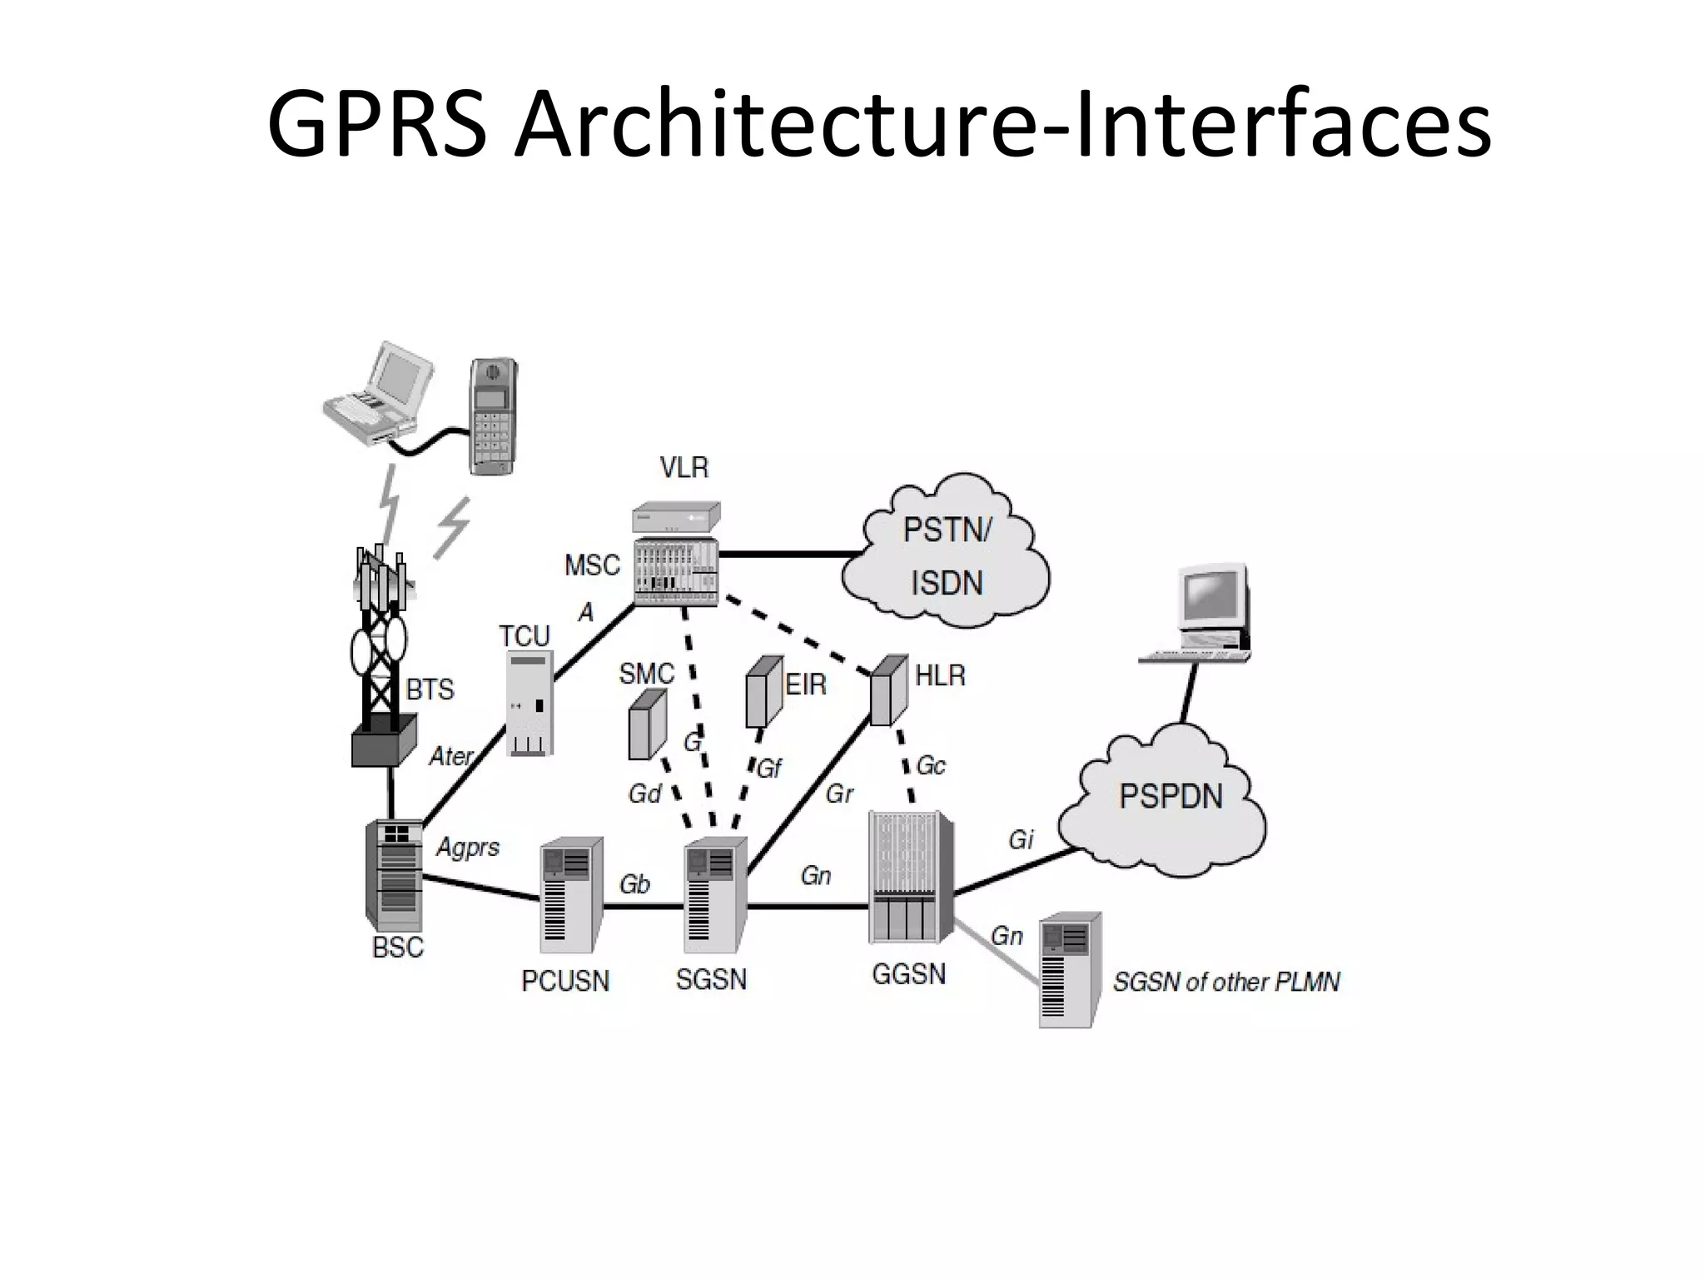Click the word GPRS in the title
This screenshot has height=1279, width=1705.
coord(376,125)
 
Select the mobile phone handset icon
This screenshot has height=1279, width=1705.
coord(493,416)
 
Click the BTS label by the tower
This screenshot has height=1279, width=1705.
coord(430,689)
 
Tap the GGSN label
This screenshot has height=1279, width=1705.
coord(908,973)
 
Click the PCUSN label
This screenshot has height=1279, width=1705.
coord(565,981)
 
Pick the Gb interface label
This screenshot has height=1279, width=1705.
coord(634,884)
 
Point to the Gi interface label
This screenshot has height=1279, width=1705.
coord(1021,840)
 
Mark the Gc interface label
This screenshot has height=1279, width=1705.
coord(931,765)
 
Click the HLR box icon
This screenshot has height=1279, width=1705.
coord(888,689)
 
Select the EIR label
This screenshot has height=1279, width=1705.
coord(806,685)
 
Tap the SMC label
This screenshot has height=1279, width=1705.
coord(646,674)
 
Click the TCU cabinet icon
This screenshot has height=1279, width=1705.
coord(529,704)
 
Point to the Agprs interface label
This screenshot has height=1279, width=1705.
coord(468,848)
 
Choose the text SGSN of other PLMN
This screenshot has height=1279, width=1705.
coord(1225,983)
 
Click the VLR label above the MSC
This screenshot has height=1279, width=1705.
coord(683,468)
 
